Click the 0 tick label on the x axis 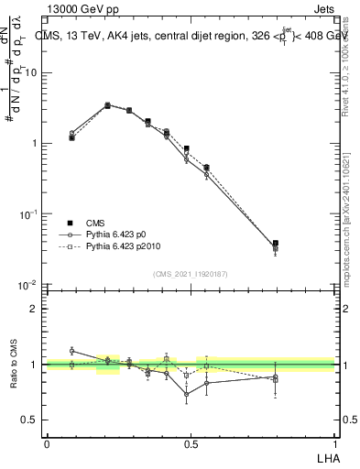[47, 442]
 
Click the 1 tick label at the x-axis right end [333, 442]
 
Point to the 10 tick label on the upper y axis [30, 72]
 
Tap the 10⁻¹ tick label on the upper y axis [28, 213]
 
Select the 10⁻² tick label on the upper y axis [28, 285]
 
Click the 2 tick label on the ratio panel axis [34, 309]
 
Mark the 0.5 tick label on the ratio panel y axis [30, 420]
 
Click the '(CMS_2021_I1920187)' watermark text [190, 274]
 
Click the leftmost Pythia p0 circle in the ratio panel [72, 351]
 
